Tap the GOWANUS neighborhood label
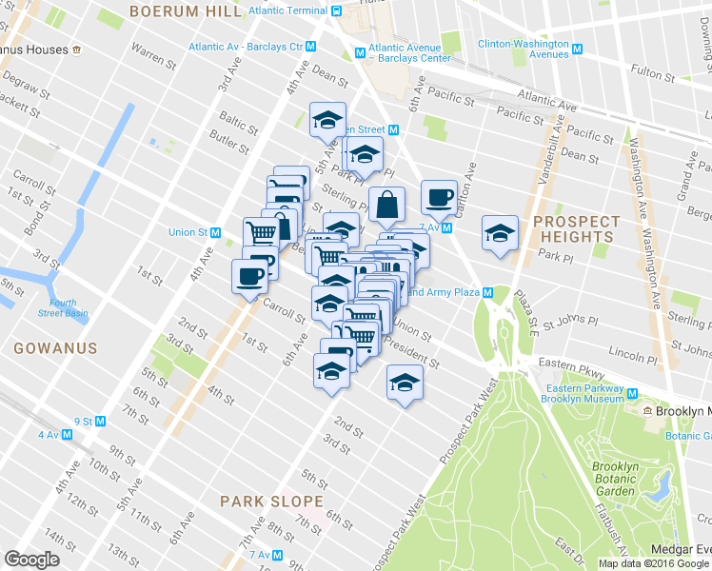pos(55,348)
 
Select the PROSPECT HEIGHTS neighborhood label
pos(576,228)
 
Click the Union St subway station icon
pos(216,232)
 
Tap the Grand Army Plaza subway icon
pos(487,292)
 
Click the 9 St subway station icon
pos(101,421)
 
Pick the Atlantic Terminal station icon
pos(336,11)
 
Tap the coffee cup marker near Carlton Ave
pos(439,198)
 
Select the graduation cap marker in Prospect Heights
pos(500,233)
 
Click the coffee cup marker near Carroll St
pos(250,277)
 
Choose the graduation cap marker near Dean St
pos(328,121)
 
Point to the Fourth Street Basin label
pos(63,308)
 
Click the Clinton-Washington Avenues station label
pos(523,49)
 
